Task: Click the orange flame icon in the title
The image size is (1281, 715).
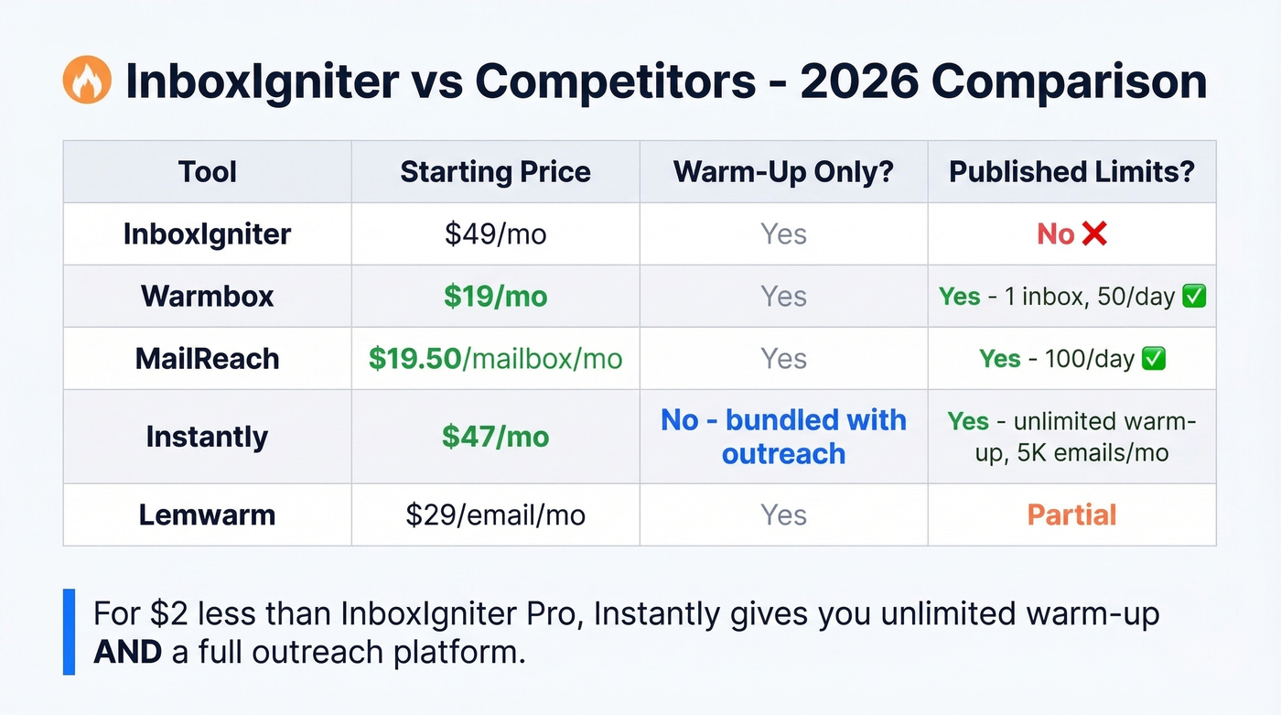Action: (x=87, y=81)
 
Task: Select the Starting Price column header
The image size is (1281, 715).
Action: (x=495, y=172)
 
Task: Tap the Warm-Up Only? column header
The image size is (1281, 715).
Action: (x=783, y=172)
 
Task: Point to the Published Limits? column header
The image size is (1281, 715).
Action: (x=1071, y=172)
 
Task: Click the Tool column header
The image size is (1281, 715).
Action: (x=208, y=172)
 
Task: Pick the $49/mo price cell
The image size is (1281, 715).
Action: (x=495, y=234)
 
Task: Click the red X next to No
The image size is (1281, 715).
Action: (x=1093, y=234)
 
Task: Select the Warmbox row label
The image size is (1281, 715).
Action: (x=208, y=297)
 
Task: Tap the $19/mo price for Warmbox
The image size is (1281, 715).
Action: (x=495, y=297)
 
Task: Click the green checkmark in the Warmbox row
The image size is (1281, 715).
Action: (x=1194, y=297)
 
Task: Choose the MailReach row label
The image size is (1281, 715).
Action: (x=208, y=359)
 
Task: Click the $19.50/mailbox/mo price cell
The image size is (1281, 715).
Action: (x=495, y=359)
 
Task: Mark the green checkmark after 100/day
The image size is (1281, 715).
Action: (x=1155, y=359)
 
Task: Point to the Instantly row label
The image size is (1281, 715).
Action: (x=208, y=437)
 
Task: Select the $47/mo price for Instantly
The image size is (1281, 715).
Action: (x=495, y=437)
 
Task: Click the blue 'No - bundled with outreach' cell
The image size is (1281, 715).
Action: (x=783, y=437)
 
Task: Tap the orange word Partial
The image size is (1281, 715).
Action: (x=1071, y=515)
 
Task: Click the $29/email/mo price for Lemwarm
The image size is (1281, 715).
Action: (x=495, y=515)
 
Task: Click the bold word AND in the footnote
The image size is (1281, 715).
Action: (x=127, y=653)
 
